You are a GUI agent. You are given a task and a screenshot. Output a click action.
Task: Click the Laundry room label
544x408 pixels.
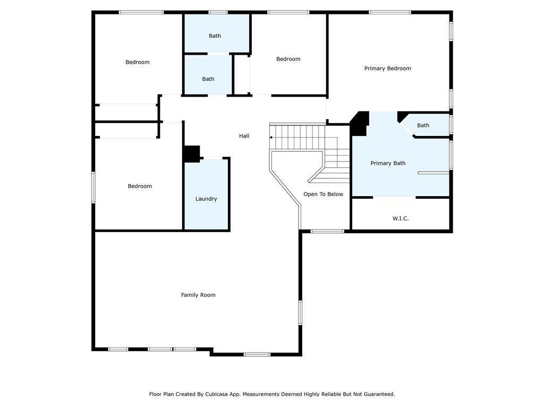206,199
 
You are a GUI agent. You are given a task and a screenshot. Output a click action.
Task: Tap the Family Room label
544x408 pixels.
198,295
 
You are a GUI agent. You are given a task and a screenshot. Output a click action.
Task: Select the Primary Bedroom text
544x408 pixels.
387,69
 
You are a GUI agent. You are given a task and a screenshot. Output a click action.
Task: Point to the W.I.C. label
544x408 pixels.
401,218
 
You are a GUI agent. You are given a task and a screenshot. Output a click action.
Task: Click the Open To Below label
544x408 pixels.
324,194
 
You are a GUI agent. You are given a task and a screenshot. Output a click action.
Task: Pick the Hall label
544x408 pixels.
244,136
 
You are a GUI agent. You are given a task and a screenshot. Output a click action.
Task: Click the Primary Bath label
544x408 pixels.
388,163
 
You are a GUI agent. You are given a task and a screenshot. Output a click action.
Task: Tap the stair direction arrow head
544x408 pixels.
270,138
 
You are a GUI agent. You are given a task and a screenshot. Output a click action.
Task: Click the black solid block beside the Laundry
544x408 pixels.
191,154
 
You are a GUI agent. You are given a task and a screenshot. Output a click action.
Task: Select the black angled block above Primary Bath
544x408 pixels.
360,123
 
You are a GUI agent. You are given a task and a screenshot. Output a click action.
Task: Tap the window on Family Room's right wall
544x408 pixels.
301,312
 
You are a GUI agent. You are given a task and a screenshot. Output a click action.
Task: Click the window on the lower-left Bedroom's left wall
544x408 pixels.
93,188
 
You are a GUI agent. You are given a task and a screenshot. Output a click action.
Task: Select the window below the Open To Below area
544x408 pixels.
327,231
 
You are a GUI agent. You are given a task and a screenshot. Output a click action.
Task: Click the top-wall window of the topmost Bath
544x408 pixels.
218,13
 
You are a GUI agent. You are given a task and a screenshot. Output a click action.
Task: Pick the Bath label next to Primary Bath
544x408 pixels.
423,125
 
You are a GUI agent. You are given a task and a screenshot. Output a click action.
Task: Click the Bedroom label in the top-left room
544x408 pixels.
138,62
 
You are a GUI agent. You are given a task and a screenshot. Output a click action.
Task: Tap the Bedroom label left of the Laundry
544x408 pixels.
140,186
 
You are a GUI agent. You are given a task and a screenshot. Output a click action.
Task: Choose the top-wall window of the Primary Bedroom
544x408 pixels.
390,13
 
